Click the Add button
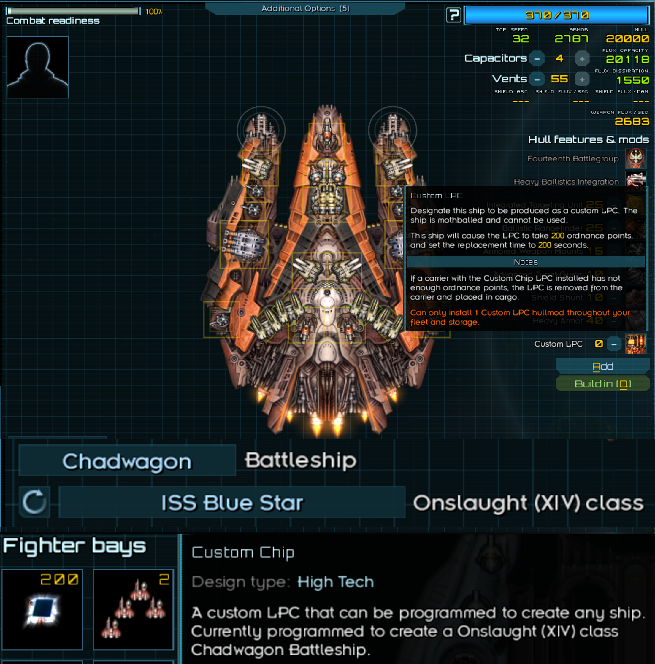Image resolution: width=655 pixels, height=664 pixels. [602, 366]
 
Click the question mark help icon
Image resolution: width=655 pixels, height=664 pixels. [453, 15]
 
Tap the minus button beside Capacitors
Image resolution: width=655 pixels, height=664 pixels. [537, 59]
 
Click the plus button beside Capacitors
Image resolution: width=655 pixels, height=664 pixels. [582, 59]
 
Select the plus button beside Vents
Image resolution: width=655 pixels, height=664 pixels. [582, 80]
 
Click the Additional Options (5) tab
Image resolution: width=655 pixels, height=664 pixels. [305, 9]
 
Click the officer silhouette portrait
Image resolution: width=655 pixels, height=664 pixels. [37, 67]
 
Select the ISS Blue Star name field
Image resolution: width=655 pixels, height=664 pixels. [232, 503]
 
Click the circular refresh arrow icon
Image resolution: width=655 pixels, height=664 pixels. [34, 502]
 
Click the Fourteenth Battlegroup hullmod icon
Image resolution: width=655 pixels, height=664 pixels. [636, 158]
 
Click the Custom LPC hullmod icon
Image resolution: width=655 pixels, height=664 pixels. [636, 344]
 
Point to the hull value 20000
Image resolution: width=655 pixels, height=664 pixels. [627, 39]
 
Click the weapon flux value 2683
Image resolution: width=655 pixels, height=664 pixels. [632, 121]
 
